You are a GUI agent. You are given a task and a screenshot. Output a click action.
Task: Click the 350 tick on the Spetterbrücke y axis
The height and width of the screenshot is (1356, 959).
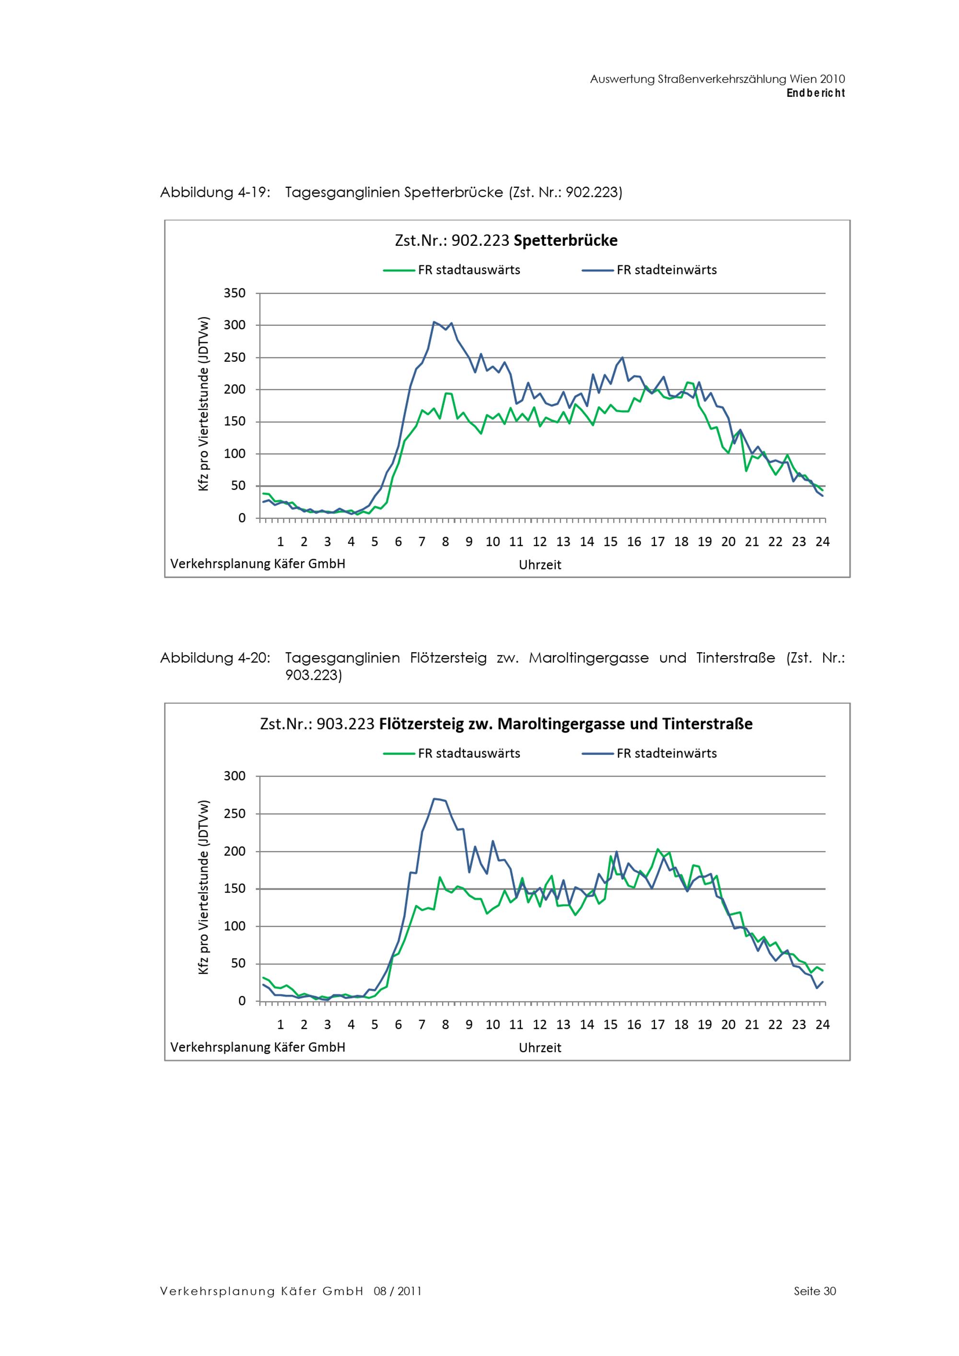click(234, 293)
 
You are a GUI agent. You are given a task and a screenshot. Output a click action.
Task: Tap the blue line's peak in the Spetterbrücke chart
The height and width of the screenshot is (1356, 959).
click(434, 322)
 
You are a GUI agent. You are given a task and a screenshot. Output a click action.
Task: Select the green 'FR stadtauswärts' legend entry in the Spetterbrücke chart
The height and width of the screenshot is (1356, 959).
click(452, 270)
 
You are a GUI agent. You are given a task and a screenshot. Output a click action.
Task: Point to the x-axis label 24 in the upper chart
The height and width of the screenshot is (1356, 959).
click(822, 541)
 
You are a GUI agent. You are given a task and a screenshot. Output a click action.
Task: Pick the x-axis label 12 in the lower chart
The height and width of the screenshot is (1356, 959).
click(539, 1025)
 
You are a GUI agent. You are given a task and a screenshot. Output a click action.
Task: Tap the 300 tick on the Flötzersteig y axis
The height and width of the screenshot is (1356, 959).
click(234, 776)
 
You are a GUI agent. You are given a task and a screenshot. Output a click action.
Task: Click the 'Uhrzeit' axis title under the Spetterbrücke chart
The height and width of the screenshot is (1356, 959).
click(539, 564)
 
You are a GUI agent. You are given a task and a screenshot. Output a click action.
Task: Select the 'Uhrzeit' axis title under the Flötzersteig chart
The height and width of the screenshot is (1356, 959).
click(539, 1048)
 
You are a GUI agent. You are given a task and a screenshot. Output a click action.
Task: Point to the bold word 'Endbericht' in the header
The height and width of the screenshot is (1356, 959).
click(816, 93)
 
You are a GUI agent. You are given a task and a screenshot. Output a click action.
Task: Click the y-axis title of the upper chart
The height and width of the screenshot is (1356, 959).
click(204, 404)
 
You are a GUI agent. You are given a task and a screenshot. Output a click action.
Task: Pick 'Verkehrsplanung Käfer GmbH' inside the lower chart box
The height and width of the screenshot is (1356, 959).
click(257, 1046)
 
